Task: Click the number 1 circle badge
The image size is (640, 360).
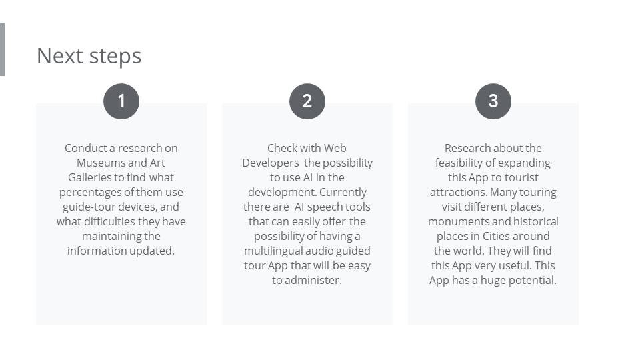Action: point(121,101)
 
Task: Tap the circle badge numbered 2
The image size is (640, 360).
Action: point(307,101)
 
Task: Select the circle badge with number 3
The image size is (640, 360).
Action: point(493,101)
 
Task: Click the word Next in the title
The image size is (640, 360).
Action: point(60,56)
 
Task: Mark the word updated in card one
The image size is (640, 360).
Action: point(155,251)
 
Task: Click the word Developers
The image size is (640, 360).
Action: point(271,163)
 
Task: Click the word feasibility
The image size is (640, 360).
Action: point(459,163)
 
